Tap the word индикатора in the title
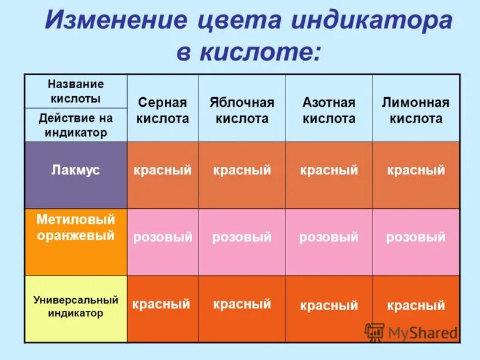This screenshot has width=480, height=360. point(372,22)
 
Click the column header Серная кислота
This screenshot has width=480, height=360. point(163,110)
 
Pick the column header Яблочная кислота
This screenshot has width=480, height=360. point(242,110)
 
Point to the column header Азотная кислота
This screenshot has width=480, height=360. point(329,110)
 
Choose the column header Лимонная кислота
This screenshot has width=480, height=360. point(416,110)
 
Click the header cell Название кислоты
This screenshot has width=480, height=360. point(76,91)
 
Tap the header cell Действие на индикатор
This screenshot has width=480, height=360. point(76,125)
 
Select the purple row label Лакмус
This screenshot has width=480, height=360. point(76,170)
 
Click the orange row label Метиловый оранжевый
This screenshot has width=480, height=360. point(76,227)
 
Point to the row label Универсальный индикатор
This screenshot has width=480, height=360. point(76,306)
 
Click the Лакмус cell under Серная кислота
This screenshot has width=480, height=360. point(163,170)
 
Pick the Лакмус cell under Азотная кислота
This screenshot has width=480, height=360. point(329,170)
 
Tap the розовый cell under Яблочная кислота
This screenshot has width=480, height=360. point(242,238)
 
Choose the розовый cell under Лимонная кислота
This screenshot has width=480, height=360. point(416,238)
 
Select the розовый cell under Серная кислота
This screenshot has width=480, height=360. point(163,238)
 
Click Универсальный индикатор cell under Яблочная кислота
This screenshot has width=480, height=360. point(242,304)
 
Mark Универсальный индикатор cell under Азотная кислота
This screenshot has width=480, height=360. point(329,306)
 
